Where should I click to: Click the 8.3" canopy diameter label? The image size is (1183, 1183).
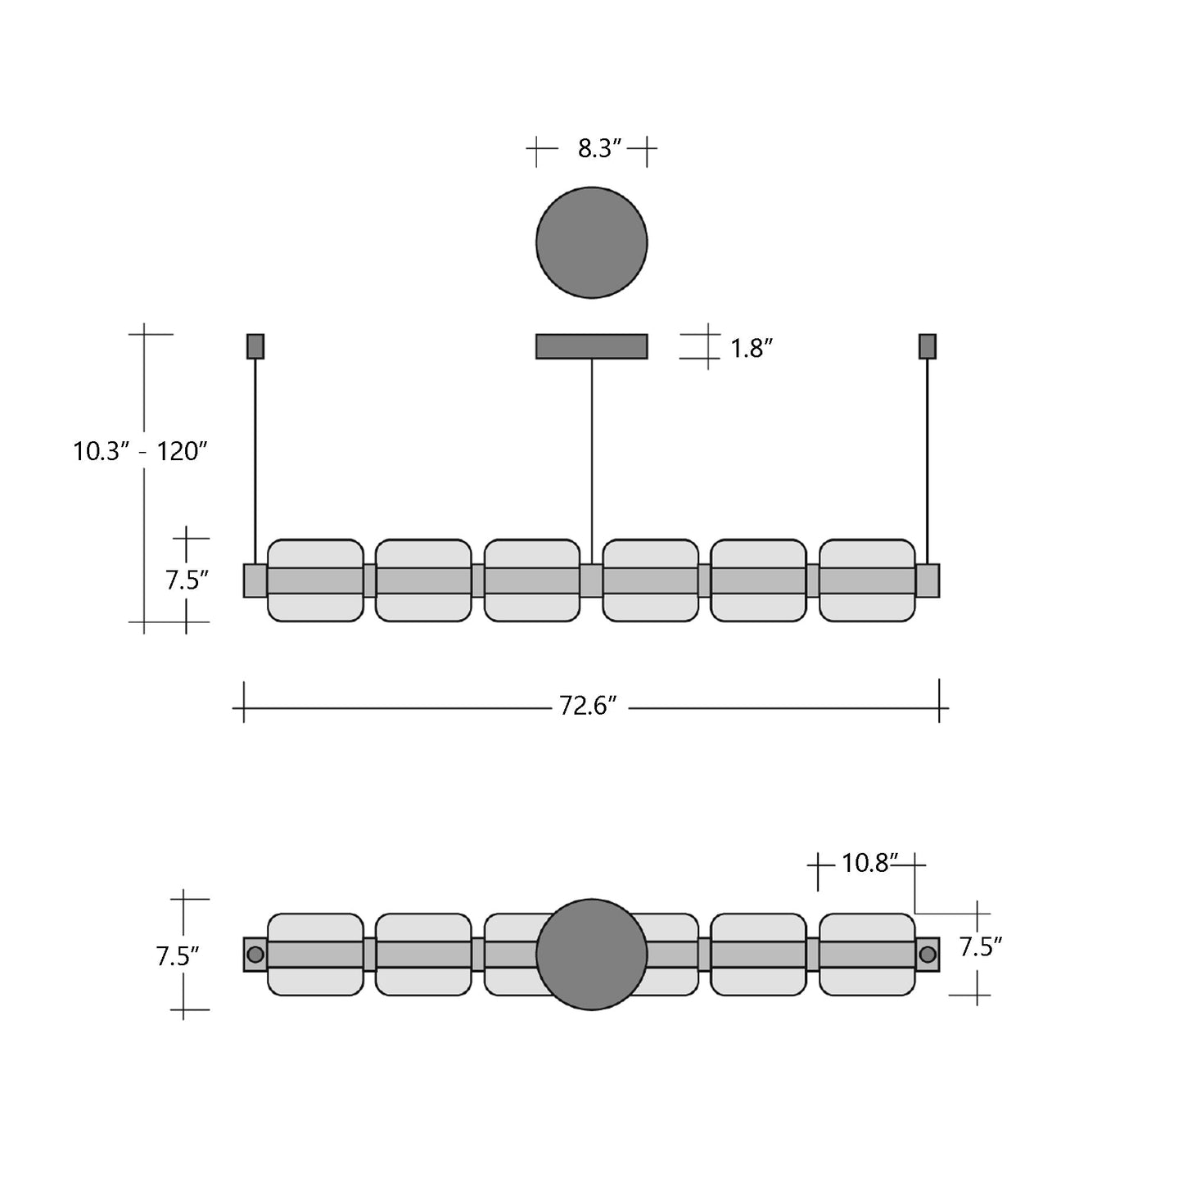point(599,149)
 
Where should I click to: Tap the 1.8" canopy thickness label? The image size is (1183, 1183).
point(752,349)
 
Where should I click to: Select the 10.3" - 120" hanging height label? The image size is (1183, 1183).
point(140,451)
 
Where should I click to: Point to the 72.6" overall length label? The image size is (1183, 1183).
point(588,706)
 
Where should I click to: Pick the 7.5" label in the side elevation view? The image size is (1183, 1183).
point(187,580)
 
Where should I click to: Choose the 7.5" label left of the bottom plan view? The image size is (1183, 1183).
point(178,955)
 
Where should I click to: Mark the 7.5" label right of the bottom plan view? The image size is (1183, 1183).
point(981,947)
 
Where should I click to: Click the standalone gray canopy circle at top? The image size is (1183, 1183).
point(591,242)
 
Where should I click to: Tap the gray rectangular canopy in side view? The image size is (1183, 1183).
point(591,346)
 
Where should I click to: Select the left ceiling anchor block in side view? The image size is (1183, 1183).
point(255,346)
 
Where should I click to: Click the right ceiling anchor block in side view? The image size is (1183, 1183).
point(928,346)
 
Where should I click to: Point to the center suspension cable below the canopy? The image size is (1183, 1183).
point(592,458)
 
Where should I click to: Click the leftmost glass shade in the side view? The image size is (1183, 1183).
point(315,580)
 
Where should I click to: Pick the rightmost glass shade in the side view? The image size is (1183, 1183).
point(867,580)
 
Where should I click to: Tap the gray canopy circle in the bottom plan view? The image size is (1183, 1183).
point(591,955)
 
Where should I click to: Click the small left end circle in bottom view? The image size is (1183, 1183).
point(255,955)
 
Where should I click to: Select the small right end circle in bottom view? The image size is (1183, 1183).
point(928,955)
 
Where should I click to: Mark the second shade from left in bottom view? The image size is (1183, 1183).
point(423,955)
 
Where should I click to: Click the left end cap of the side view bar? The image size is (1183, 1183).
point(255,580)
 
